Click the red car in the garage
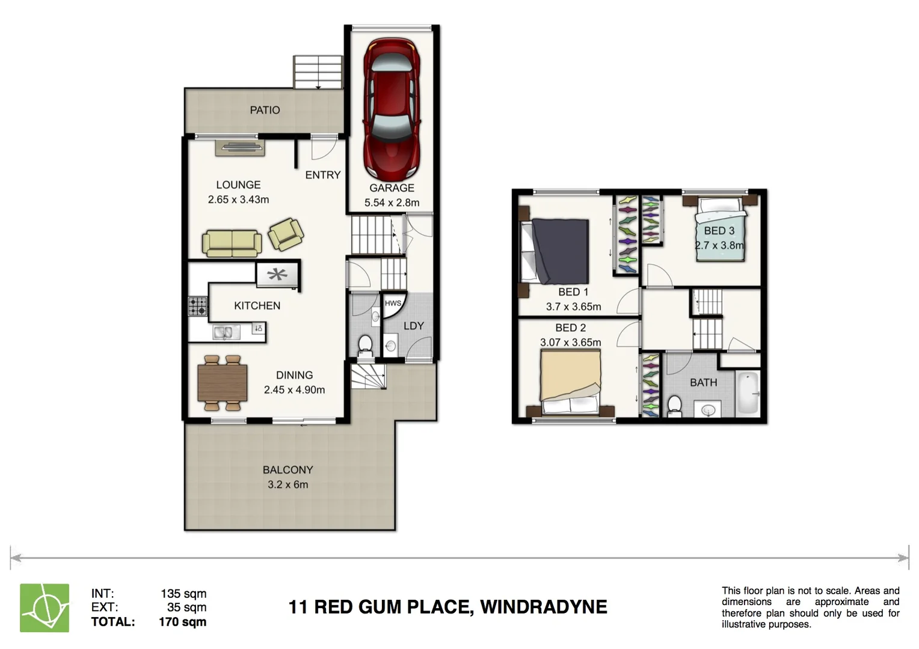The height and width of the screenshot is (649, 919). pos(392,108)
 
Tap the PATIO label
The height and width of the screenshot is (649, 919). pos(265,110)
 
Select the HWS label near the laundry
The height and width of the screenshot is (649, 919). pos(393,303)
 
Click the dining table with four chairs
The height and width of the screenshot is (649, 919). pos(223,383)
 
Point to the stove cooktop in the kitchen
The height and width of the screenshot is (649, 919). pos(197,306)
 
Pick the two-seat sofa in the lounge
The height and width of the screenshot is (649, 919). pos(232,243)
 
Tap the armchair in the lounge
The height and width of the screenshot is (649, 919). pos(285,234)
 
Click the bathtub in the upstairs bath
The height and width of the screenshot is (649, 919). pos(748,394)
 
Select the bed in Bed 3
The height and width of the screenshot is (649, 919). pos(721,231)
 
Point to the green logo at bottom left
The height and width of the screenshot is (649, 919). pos(45,608)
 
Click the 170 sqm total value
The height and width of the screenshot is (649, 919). pos(182,622)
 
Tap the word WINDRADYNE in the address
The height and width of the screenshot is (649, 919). pos(543,607)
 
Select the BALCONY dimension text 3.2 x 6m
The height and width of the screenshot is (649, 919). pos(287,484)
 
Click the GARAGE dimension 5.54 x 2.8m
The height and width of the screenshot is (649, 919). pos(392,203)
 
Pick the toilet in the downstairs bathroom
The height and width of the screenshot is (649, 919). pos(364,346)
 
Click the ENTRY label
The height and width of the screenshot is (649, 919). pos(322,175)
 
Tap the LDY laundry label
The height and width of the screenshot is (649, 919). pos(414,326)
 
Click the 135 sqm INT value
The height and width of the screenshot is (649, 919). pos(183,594)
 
